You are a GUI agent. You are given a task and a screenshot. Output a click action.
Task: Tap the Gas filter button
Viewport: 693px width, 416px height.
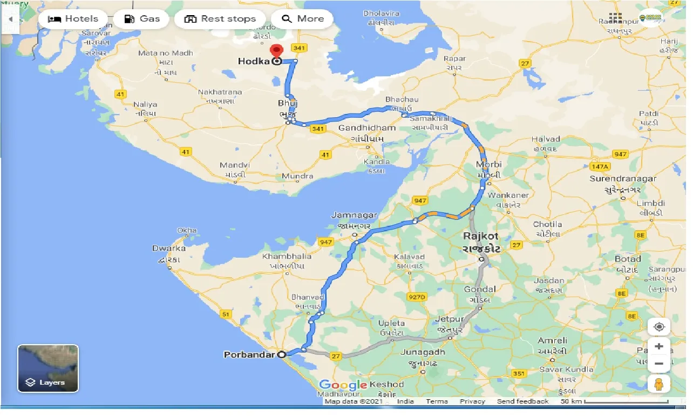pos(141,19)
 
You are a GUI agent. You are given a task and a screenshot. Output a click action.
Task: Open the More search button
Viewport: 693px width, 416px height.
pos(302,19)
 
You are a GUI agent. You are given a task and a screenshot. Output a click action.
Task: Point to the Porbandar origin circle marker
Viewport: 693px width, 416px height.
pos(281,355)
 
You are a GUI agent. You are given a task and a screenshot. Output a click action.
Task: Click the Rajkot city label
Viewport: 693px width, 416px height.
pos(481,236)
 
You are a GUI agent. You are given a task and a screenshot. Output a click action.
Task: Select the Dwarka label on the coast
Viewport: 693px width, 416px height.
pos(169,248)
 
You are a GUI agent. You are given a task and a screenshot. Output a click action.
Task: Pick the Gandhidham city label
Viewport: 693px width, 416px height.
pos(367,128)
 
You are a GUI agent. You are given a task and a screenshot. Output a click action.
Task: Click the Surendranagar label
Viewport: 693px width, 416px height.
pos(623,179)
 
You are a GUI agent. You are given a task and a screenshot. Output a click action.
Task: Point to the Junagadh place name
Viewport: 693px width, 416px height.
pos(423,352)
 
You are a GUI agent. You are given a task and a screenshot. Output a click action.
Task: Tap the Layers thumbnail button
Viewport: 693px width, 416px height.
pos(48,368)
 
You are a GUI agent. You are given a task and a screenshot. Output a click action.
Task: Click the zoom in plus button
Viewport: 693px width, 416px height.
pos(658,346)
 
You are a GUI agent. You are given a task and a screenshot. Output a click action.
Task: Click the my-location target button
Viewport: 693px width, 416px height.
pos(658,327)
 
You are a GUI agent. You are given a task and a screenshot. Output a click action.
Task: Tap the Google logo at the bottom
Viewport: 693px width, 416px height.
pos(342,385)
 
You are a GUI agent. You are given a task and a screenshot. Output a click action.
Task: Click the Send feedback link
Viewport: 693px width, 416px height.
pos(522,401)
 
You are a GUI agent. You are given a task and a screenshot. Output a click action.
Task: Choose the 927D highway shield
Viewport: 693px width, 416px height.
pos(417,297)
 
